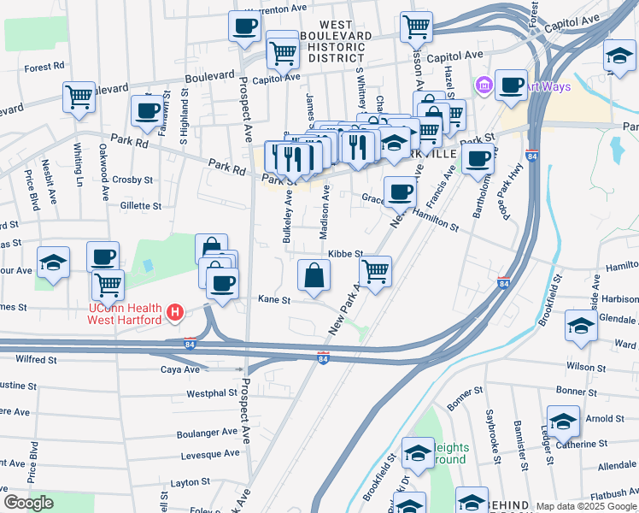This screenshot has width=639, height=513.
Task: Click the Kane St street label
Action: coord(274,300)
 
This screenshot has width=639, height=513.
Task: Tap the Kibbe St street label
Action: coord(346,254)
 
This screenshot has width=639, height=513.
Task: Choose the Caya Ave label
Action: coord(180,369)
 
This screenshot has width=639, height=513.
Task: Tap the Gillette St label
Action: coord(140,206)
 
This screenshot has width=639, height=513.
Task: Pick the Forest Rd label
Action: coord(45,66)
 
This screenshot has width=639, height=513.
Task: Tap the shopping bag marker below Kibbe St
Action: coord(314,275)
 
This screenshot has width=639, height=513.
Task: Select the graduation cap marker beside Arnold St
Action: coord(563,422)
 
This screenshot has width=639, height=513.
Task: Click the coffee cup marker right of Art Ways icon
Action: coord(511,85)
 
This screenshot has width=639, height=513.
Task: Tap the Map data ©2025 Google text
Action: coord(586,506)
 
